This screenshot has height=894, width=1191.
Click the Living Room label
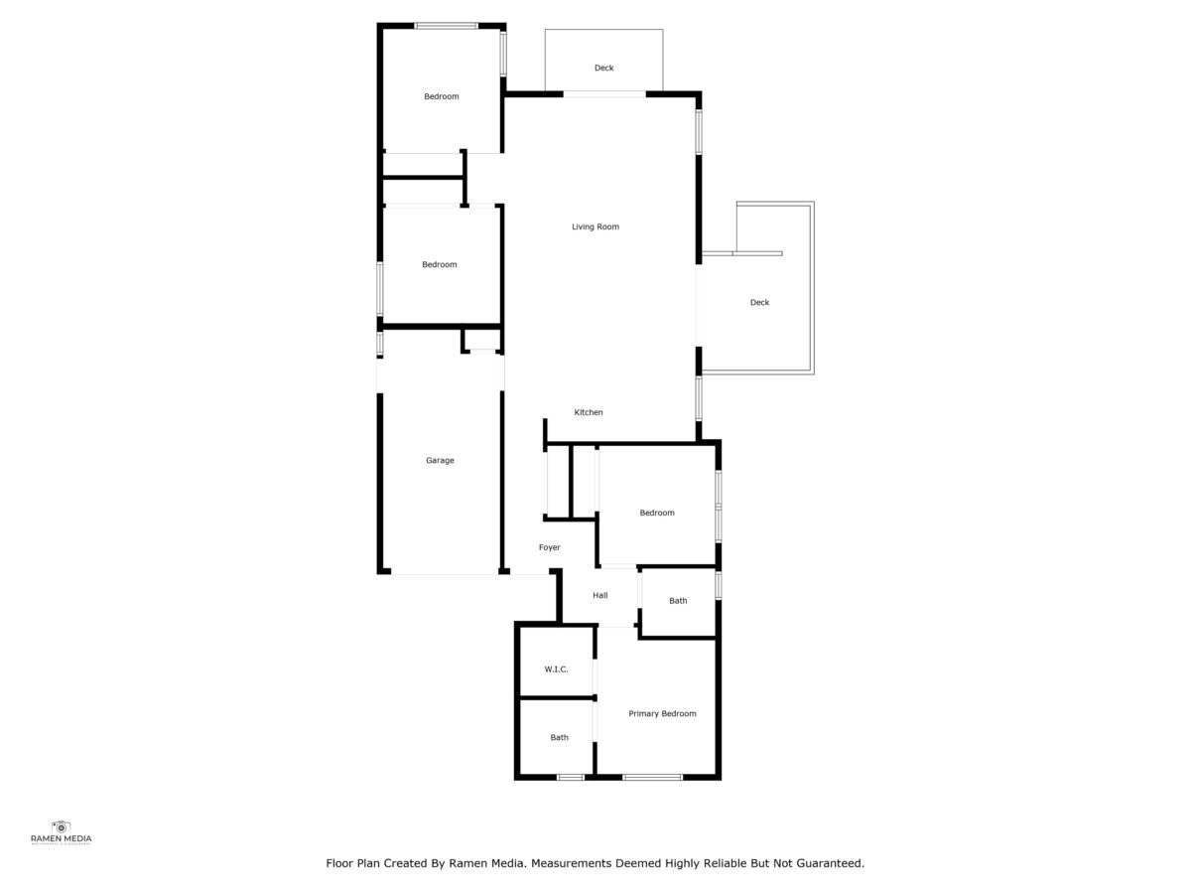(595, 226)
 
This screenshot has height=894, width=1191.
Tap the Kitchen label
(589, 412)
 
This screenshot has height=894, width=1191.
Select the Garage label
(440, 461)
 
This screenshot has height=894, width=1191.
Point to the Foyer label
(550, 547)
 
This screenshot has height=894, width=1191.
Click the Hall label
(600, 595)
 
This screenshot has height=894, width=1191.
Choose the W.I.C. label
(557, 670)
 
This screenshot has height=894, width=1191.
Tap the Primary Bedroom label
(663, 714)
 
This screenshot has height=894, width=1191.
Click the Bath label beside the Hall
(678, 601)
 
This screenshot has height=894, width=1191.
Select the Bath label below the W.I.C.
(560, 738)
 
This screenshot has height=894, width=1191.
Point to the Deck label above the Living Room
(603, 68)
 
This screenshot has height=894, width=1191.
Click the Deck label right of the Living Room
(759, 302)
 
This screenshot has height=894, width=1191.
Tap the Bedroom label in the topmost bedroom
(442, 96)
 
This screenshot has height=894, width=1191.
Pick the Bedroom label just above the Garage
(440, 265)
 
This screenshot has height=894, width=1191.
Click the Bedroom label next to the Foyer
(657, 513)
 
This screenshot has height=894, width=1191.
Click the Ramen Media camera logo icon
(61, 827)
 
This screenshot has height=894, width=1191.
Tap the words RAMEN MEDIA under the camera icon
(62, 839)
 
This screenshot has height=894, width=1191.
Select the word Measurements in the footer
(572, 863)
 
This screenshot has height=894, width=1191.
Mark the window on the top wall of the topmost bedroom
(446, 26)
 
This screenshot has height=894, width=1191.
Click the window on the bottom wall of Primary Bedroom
(653, 778)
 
